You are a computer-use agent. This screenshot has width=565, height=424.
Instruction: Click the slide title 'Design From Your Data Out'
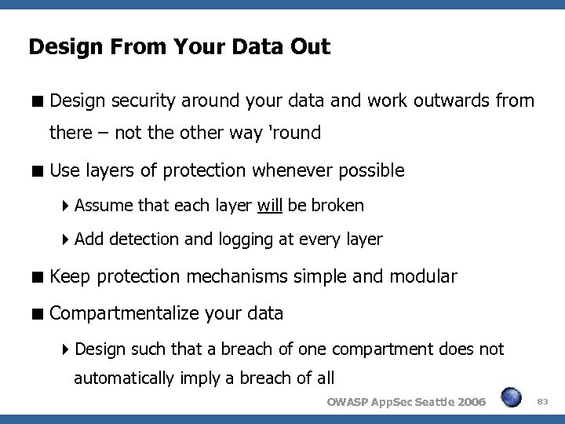click(179, 48)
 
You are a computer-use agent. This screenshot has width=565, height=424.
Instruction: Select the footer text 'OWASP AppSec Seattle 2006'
click(406, 403)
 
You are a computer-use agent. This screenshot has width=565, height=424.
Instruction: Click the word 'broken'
click(337, 206)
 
